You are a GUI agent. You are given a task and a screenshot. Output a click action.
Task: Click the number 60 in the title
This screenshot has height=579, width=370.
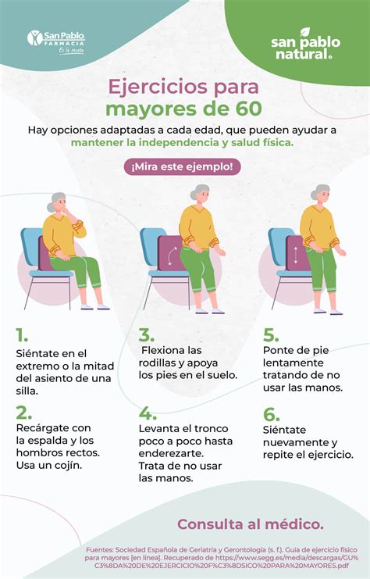(246, 107)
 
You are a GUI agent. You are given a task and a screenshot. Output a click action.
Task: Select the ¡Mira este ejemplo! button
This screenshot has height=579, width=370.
(182, 166)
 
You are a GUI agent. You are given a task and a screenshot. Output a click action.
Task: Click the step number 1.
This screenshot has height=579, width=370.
(21, 336)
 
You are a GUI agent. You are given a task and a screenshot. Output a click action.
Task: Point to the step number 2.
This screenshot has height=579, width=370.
(23, 413)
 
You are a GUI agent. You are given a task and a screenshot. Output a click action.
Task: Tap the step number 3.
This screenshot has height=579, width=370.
(147, 336)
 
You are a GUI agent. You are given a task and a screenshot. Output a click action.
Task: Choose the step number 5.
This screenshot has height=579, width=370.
(271, 336)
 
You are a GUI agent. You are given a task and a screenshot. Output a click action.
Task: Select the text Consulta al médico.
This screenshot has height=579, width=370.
(250, 524)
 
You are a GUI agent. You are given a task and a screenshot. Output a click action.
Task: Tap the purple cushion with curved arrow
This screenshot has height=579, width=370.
(169, 255)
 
